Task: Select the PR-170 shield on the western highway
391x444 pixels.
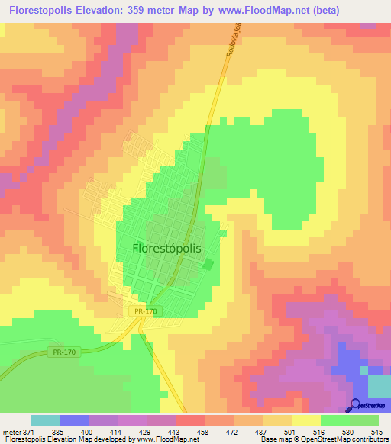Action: pos(64,352)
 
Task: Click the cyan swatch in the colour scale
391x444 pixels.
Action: pos(45,420)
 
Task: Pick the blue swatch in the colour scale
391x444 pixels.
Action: pos(74,420)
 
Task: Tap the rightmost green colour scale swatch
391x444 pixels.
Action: pos(364,420)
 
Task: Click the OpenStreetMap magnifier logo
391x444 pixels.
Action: pos(354,407)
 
